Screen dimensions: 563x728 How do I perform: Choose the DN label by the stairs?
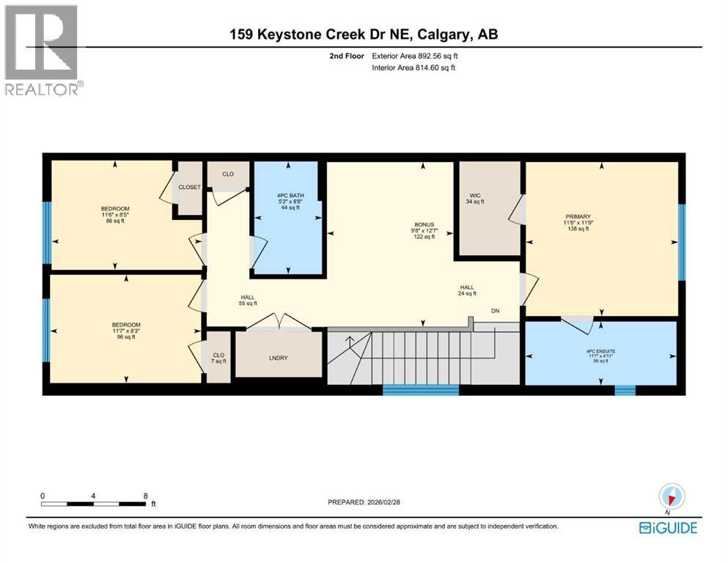point(496,312)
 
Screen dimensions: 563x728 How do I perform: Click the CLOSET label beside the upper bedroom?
point(189,188)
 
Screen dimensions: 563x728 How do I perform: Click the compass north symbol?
point(672,495)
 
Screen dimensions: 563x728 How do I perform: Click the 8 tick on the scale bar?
point(145,496)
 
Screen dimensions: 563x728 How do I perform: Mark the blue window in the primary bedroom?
point(681,242)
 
